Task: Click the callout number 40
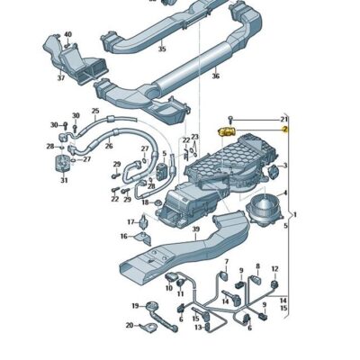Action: pyautogui.click(x=67, y=34)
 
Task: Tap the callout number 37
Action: pyautogui.click(x=60, y=77)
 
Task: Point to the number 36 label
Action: pyautogui.click(x=215, y=76)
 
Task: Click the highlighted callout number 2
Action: pyautogui.click(x=284, y=130)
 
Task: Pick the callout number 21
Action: pyautogui.click(x=284, y=119)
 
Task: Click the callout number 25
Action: pyautogui.click(x=95, y=112)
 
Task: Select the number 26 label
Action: pyautogui.click(x=109, y=146)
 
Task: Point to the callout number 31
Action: pyautogui.click(x=64, y=180)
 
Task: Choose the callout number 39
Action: pyautogui.click(x=195, y=229)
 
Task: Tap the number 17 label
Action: pyautogui.click(x=130, y=220)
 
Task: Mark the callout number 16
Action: pyautogui.click(x=124, y=237)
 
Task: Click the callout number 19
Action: pyautogui.click(x=136, y=306)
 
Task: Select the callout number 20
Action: pyautogui.click(x=129, y=326)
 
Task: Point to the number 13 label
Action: pyautogui.click(x=197, y=328)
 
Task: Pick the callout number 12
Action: pyautogui.click(x=275, y=269)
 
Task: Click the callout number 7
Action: pyautogui.click(x=227, y=263)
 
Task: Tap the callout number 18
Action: pyautogui.click(x=146, y=202)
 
